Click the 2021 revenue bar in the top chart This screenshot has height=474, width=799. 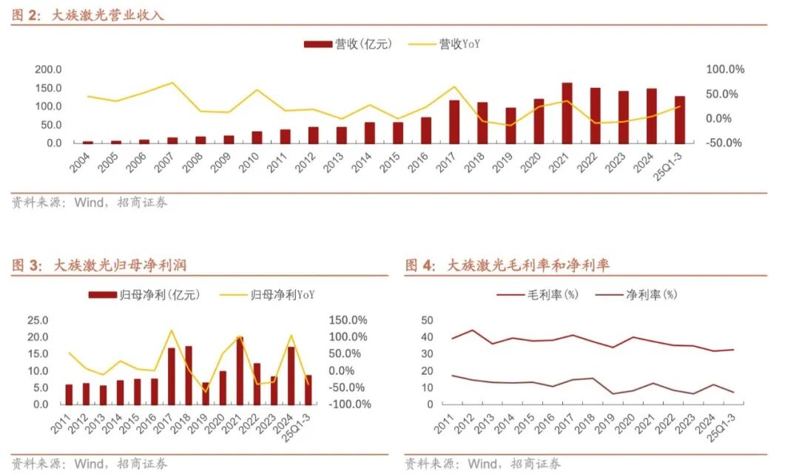(567, 113)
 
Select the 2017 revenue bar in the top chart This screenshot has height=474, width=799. (454, 122)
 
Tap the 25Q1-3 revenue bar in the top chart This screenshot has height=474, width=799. (679, 120)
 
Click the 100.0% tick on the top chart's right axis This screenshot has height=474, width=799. (726, 70)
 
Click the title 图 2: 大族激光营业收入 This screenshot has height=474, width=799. (88, 15)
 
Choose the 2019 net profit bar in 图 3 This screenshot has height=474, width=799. (206, 393)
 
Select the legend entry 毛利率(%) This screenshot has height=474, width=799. (537, 295)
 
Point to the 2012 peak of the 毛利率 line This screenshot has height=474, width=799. (471, 330)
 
